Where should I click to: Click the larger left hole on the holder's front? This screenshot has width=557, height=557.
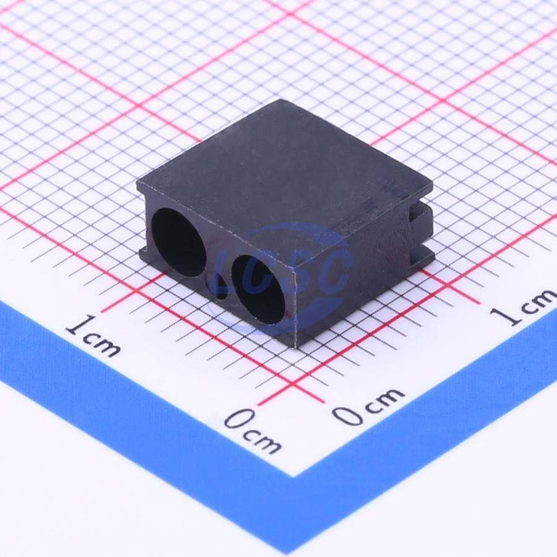click(x=179, y=242)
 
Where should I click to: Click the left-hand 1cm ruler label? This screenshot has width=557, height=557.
click(x=93, y=336)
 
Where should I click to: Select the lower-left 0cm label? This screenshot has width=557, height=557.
click(x=253, y=431)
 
